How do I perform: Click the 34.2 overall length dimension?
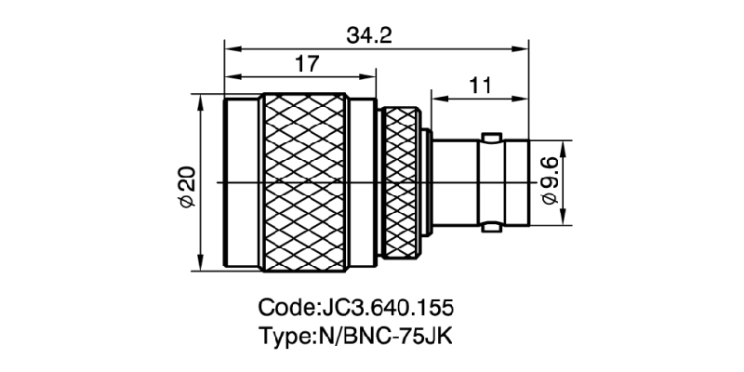point(369,35)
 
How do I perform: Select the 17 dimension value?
point(307,64)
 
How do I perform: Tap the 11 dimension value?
point(480,86)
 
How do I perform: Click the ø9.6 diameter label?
point(549,180)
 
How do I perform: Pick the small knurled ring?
point(401,182)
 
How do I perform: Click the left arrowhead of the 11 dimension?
point(436,97)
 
